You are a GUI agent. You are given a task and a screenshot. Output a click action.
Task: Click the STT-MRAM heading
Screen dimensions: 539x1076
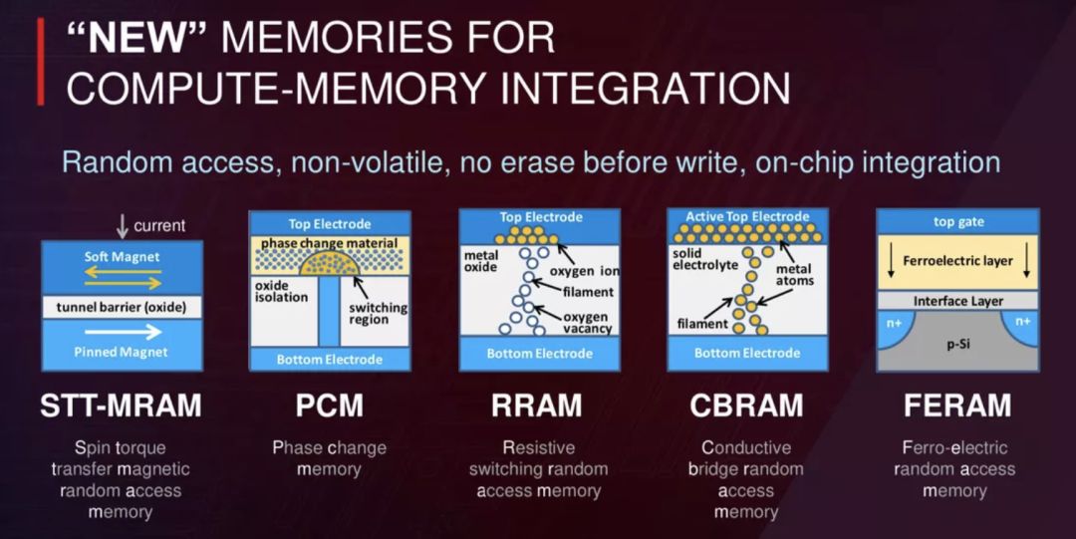click(121, 405)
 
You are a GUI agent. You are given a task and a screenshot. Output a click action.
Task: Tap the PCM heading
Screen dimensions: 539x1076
click(330, 405)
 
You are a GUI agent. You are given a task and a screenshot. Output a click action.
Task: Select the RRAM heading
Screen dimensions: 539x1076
click(538, 405)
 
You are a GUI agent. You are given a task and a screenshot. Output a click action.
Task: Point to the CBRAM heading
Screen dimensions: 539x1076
click(746, 405)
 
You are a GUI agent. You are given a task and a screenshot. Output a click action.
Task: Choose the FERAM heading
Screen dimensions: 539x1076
click(954, 405)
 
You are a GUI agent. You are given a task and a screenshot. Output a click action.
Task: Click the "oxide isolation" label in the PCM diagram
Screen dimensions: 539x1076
click(280, 291)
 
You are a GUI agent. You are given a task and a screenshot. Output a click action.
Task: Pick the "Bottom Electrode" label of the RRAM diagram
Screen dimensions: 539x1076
click(538, 354)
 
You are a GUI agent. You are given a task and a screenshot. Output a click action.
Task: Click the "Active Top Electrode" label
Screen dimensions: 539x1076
click(746, 217)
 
